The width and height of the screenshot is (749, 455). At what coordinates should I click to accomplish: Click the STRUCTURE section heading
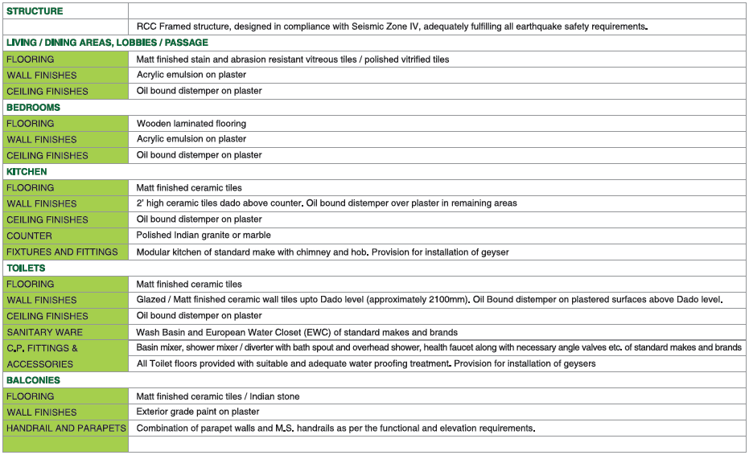coord(35,11)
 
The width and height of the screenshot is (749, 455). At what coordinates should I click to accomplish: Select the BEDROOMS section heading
coord(34,107)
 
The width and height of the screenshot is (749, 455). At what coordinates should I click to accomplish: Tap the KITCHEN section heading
coord(27,171)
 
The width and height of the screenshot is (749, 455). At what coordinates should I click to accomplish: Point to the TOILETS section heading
coord(27,268)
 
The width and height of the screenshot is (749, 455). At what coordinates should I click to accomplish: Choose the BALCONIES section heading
coord(33,379)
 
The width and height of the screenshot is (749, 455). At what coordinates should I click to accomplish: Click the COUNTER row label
coord(30,236)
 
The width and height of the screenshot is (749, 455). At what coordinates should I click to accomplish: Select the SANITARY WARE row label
coord(45,332)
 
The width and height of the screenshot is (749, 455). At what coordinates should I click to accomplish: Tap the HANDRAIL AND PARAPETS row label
coord(66,428)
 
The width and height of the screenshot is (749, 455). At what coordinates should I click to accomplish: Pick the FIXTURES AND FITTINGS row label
coord(62,252)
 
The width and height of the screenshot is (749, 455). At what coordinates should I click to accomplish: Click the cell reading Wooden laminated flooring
coord(191,123)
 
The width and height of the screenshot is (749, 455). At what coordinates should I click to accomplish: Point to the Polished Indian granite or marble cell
coord(204,236)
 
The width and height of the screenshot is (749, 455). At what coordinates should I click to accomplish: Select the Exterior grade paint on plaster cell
coord(198,412)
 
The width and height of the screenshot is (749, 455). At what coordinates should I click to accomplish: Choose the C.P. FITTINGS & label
coord(43,348)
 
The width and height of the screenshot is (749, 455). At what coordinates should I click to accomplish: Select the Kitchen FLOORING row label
coord(31,187)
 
